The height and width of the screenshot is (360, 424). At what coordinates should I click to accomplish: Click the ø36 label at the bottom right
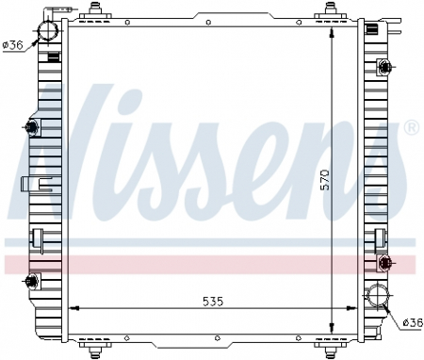pyautogui.click(x=411, y=322)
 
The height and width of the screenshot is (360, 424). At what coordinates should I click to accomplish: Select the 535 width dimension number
pyautogui.click(x=210, y=302)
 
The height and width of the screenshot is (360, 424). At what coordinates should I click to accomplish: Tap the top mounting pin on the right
pyautogui.click(x=331, y=11)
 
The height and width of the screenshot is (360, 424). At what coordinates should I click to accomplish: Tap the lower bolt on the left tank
pyautogui.click(x=33, y=280)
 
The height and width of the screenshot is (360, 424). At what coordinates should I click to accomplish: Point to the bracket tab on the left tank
pyautogui.click(x=29, y=185)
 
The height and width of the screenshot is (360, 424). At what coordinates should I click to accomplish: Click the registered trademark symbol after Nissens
pyautogui.click(x=411, y=126)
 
